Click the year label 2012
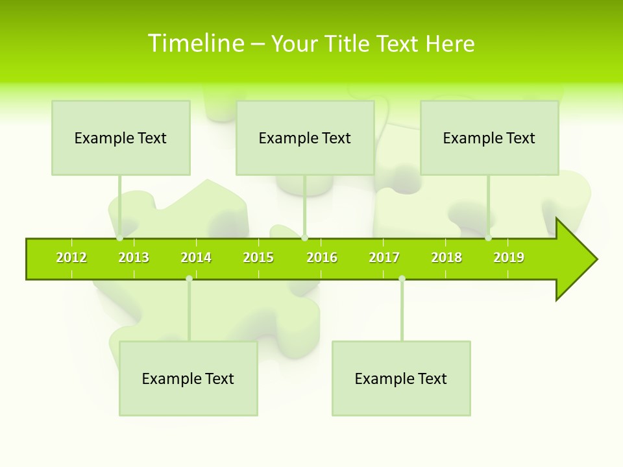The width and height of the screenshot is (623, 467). (x=71, y=257)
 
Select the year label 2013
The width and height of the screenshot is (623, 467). (x=134, y=257)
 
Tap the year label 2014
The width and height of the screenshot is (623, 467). (x=196, y=257)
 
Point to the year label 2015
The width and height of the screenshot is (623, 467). (x=258, y=257)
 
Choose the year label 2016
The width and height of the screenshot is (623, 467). (x=322, y=257)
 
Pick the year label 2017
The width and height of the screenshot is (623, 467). (x=384, y=257)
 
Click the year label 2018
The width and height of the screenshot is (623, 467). (x=446, y=257)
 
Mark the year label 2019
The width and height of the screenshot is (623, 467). (x=509, y=257)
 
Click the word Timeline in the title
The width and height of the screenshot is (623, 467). (x=195, y=43)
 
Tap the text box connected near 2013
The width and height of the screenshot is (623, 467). (x=121, y=138)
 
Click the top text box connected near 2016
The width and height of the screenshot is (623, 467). (x=305, y=138)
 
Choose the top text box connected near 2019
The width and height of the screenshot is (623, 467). (x=489, y=138)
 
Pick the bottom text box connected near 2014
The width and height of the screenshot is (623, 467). (x=188, y=378)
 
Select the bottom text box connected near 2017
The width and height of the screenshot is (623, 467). (x=401, y=378)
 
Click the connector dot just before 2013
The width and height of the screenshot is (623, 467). (x=120, y=238)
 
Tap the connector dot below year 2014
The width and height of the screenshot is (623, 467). (x=189, y=278)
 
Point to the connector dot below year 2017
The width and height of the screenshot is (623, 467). (x=402, y=278)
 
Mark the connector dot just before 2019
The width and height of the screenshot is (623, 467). (x=489, y=238)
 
